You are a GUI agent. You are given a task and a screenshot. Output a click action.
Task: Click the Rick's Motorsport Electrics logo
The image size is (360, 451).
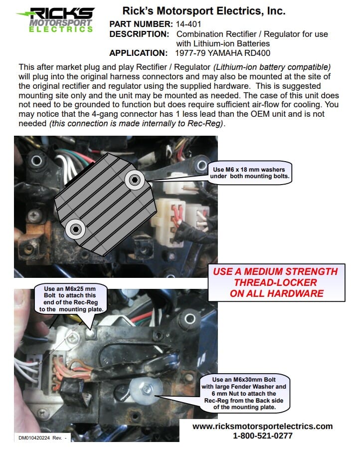coord(55,20)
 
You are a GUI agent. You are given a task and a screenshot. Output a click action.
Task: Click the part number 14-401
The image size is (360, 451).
coord(188,24)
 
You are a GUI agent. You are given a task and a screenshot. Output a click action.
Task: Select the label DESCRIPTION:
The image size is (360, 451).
coord(139,34)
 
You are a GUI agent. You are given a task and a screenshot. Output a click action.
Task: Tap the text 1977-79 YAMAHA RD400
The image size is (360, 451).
coord(222,53)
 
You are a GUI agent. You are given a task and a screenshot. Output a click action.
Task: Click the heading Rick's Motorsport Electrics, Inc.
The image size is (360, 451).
coord(204,11)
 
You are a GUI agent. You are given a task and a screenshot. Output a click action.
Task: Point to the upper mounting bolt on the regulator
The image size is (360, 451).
coord(134,180)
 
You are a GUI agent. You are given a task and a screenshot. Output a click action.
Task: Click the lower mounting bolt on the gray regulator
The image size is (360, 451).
coord(75,229)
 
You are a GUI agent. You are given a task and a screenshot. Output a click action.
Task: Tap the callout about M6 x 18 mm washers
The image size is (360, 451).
coord(249,173)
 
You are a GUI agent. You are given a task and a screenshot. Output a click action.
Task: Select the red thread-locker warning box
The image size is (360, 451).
coord(276,282)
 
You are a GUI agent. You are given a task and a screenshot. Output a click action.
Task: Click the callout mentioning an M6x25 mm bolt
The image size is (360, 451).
coord(70,299)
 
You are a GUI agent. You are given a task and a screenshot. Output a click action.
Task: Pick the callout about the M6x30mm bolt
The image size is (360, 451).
coord(244,393)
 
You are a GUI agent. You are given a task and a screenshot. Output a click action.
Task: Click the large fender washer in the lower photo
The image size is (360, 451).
coord(146,390)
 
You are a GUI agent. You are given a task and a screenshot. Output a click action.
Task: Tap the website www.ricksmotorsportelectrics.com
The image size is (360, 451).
coord(263,426)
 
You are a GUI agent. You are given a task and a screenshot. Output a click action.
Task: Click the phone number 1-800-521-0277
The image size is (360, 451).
coord(263,436)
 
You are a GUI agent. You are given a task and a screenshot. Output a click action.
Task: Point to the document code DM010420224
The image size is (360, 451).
coord(34,438)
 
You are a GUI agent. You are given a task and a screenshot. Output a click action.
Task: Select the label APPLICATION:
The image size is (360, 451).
coord(138,53)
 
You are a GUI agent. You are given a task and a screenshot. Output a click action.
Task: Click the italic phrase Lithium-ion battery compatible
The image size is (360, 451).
coord(272,67)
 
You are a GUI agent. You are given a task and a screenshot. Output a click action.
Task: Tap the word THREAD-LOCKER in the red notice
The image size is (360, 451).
coord(275,282)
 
